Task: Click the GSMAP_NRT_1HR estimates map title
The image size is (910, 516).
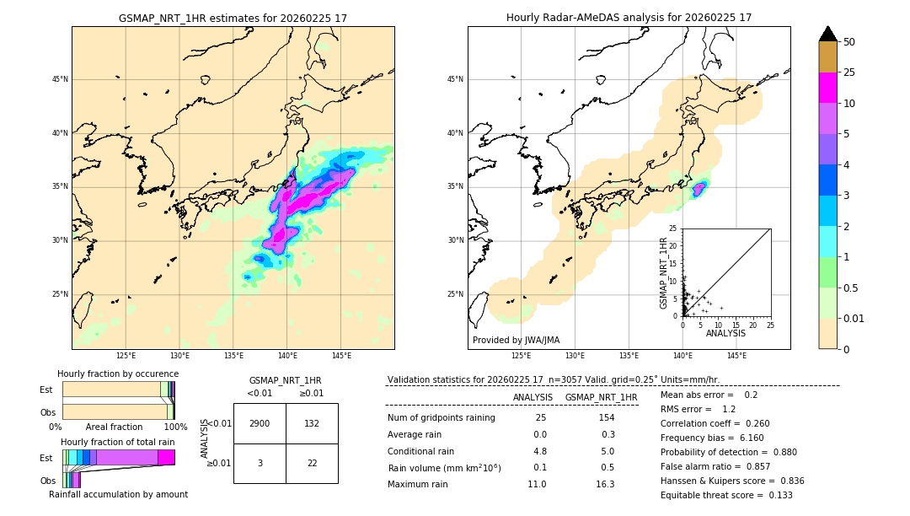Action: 233,18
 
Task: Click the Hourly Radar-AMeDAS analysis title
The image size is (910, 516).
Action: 629,18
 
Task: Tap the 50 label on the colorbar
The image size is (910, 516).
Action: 849,42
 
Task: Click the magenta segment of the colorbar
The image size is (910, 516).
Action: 827,88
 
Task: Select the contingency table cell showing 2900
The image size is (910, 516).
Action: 260,423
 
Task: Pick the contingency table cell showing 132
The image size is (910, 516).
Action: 312,423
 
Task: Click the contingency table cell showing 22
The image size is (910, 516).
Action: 312,463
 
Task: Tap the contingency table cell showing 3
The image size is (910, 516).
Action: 260,463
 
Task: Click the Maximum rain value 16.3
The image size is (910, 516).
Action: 605,484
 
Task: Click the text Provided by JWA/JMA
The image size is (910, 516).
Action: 516,341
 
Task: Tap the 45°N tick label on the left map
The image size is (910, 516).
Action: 60,79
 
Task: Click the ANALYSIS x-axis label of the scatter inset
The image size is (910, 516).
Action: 725,333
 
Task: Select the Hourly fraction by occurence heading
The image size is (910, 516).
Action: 118,374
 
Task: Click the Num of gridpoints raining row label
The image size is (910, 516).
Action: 441,417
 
